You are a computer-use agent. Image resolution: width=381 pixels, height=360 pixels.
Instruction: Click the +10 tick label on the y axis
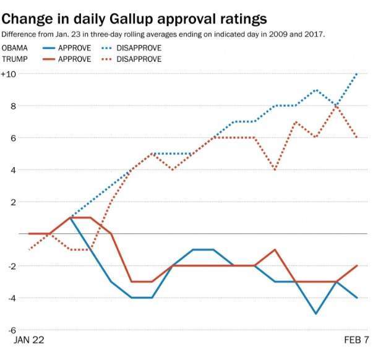(9, 74)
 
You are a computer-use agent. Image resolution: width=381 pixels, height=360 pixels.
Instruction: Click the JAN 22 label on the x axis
(28, 341)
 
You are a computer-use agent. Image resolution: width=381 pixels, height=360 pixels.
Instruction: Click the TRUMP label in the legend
(16, 59)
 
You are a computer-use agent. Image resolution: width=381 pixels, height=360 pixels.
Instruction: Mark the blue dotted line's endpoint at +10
(357, 74)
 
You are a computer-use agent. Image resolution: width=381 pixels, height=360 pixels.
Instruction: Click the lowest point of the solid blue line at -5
(316, 314)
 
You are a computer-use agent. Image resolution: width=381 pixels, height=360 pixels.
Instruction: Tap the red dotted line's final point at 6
(357, 138)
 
